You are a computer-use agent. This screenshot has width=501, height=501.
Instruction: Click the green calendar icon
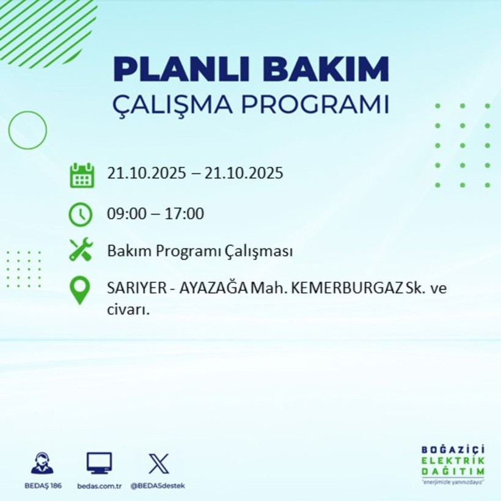(81, 175)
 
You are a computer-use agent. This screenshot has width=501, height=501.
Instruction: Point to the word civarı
(128, 309)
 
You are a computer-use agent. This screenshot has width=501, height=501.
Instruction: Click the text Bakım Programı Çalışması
(200, 250)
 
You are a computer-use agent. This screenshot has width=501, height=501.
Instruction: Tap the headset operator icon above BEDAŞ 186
(42, 463)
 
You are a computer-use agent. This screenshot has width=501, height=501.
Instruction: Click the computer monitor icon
(99, 463)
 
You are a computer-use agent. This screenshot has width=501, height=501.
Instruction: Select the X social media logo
(158, 463)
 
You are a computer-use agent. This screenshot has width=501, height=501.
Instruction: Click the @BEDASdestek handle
(158, 486)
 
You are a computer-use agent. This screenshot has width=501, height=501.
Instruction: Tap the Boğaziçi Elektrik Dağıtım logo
(453, 464)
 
